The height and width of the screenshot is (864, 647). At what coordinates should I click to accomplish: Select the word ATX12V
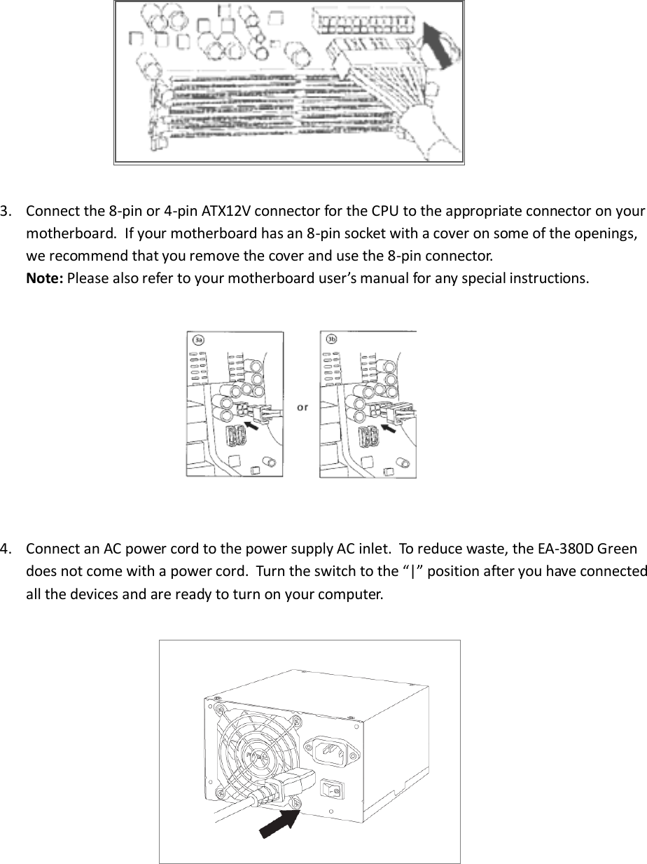click(225, 212)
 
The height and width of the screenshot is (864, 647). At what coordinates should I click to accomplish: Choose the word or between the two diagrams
click(302, 406)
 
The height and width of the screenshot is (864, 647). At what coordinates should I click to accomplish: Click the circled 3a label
click(198, 340)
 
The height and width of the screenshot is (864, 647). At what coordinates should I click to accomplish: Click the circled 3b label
click(332, 340)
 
